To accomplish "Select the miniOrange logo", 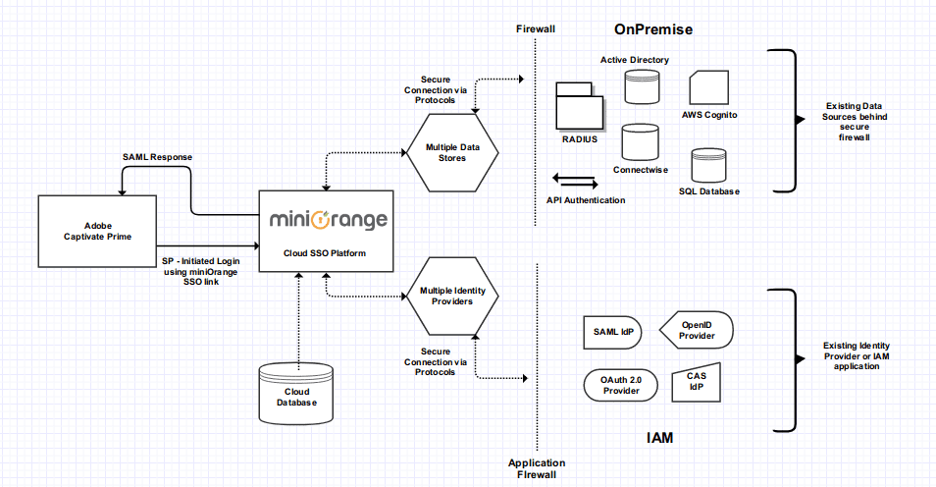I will point(329,219).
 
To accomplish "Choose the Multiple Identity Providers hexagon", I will point(452,296).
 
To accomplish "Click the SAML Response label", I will point(157,157).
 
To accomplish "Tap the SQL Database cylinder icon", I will point(708,166).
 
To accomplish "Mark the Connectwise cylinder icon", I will point(641,143).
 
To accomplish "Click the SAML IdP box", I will point(613,332).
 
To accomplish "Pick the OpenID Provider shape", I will point(696,330).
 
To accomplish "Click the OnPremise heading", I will point(653,29).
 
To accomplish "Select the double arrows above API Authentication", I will point(575,181).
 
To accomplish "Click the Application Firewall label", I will point(536,468).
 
